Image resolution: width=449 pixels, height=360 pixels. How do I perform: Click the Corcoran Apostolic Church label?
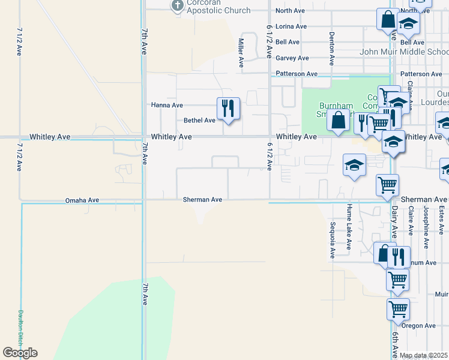point(210,7)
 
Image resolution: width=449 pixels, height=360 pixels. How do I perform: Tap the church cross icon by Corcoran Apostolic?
point(177,6)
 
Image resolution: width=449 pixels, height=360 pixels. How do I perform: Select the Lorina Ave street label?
point(291,26)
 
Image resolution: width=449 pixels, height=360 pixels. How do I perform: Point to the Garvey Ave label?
point(292,58)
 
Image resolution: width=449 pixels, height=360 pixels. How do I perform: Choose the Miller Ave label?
point(241,52)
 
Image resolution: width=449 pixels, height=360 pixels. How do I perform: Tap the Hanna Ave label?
point(167,105)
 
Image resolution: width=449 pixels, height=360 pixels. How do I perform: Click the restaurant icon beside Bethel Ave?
point(228,109)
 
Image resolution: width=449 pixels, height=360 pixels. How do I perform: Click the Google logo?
point(20,353)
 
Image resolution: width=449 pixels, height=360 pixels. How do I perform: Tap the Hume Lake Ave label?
point(349,226)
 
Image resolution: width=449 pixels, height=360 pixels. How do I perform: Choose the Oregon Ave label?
point(418,326)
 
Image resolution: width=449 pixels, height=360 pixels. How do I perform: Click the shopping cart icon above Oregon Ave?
point(398,309)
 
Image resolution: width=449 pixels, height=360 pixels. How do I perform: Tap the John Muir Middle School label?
point(403,52)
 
